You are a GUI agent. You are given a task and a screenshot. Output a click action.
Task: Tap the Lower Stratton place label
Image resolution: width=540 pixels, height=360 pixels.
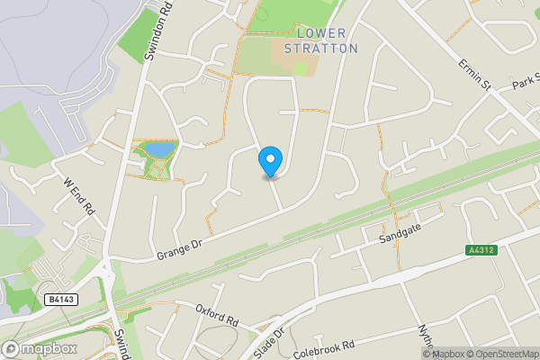coord(321,40)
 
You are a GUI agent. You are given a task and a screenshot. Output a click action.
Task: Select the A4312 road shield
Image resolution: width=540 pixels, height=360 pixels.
coord(481,250)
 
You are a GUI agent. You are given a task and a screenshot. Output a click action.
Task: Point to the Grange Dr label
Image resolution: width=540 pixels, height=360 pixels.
coord(179,248)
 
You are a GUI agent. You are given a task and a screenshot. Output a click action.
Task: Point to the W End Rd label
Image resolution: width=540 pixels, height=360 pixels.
coord(78,194)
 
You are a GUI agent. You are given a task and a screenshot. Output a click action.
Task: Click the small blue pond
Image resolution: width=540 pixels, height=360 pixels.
coord(159,148)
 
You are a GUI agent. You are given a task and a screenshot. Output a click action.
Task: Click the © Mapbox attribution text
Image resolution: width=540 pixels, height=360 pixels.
coord(446,354)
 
